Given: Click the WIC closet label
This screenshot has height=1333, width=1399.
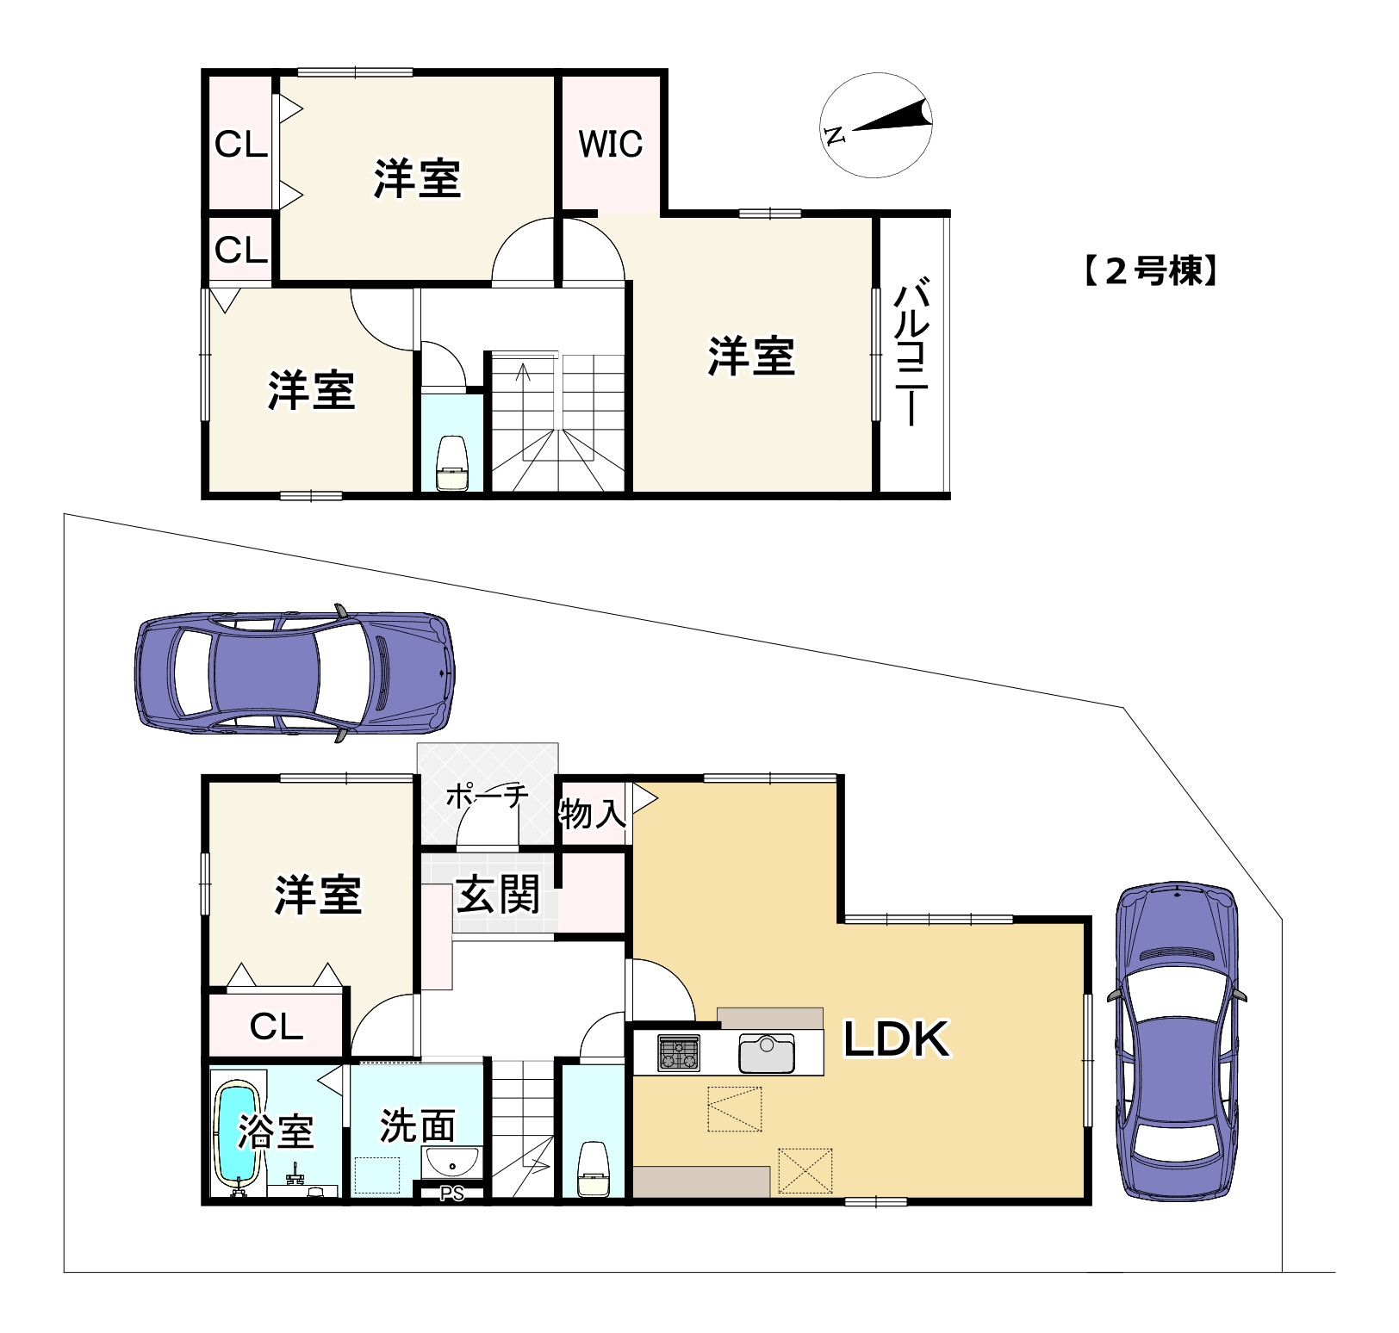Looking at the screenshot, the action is coord(611,144).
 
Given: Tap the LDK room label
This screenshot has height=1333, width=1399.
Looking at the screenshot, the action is coord(896,1038).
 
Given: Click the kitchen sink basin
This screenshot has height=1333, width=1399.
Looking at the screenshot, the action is coord(766,1054).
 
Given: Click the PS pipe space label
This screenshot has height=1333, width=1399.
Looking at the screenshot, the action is coord(451,1194).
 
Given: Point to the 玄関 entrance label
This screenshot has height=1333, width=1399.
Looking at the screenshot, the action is coord(497,894).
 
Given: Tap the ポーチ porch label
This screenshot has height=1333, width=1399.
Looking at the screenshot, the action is coord(487,797).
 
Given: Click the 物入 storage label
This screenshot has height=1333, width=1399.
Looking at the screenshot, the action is coord(593,812).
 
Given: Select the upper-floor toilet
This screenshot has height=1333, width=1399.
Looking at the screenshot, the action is coord(453,464).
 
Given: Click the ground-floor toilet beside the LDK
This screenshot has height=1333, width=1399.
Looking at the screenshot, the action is coord(594,1168).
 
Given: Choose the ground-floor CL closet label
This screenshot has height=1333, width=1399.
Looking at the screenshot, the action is coord(277,1026).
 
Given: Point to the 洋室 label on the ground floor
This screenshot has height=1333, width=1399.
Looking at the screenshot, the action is coord(318,895).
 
